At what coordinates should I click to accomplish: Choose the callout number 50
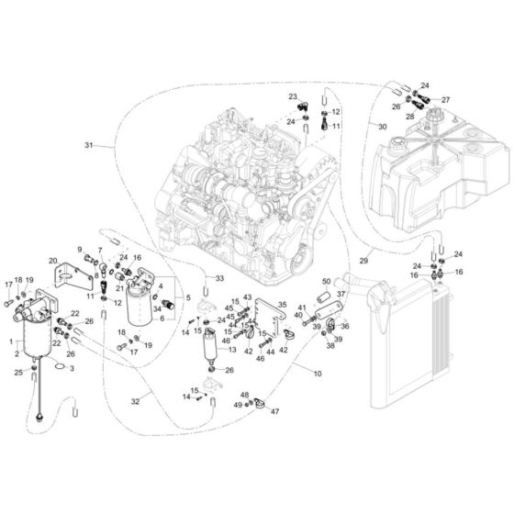(x=326, y=282)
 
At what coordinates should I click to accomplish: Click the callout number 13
(x=231, y=350)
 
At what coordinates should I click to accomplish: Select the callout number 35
(x=283, y=306)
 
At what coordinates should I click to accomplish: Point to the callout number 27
(x=445, y=100)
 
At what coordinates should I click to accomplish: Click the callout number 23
(x=292, y=96)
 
